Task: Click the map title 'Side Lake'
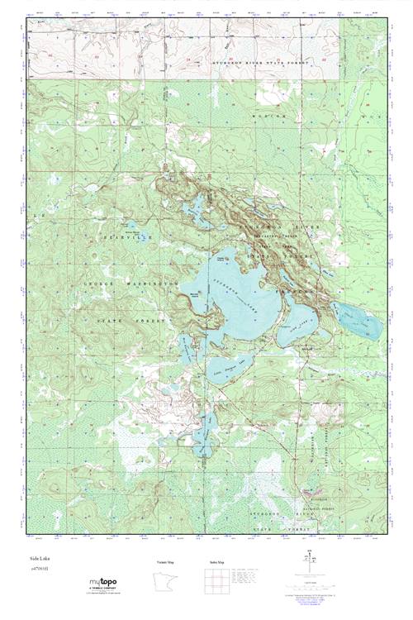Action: tap(40, 560)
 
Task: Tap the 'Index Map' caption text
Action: tap(216, 561)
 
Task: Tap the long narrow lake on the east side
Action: tap(357, 318)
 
